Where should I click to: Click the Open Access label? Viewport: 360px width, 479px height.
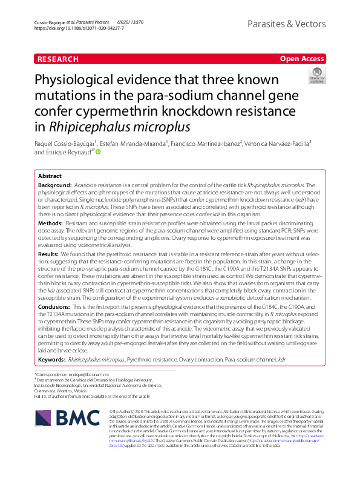click(303, 59)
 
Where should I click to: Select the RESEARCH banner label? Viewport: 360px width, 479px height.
click(58, 59)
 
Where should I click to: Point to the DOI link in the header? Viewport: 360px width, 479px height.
click(79, 28)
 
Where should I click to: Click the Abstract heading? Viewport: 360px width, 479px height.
click(50, 176)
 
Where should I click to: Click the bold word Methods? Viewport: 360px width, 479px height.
click(51, 223)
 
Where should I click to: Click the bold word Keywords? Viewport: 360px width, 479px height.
click(52, 359)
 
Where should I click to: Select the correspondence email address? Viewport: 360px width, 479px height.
click(91, 375)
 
